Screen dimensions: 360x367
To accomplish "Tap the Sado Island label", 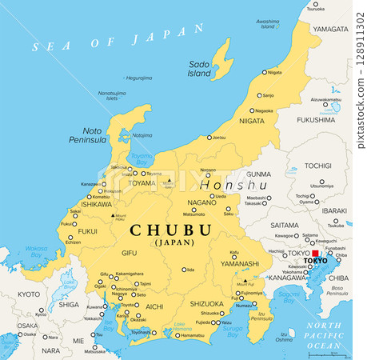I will click(x=200, y=68).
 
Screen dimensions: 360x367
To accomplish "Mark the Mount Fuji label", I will click(x=245, y=284).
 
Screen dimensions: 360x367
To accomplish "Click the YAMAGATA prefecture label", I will click(x=330, y=29).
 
